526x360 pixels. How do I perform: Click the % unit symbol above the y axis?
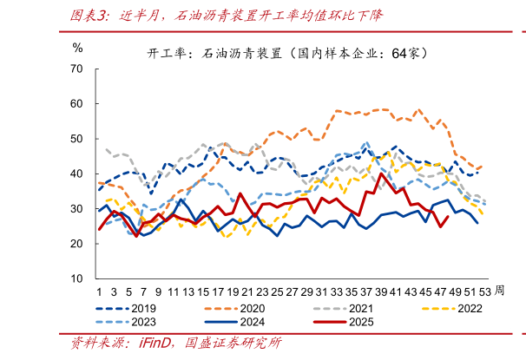pos(77,47)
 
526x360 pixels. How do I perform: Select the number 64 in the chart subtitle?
pos(399,53)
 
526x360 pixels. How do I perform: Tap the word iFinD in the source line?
pos(154,343)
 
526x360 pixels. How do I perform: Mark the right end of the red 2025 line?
pos(448,217)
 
